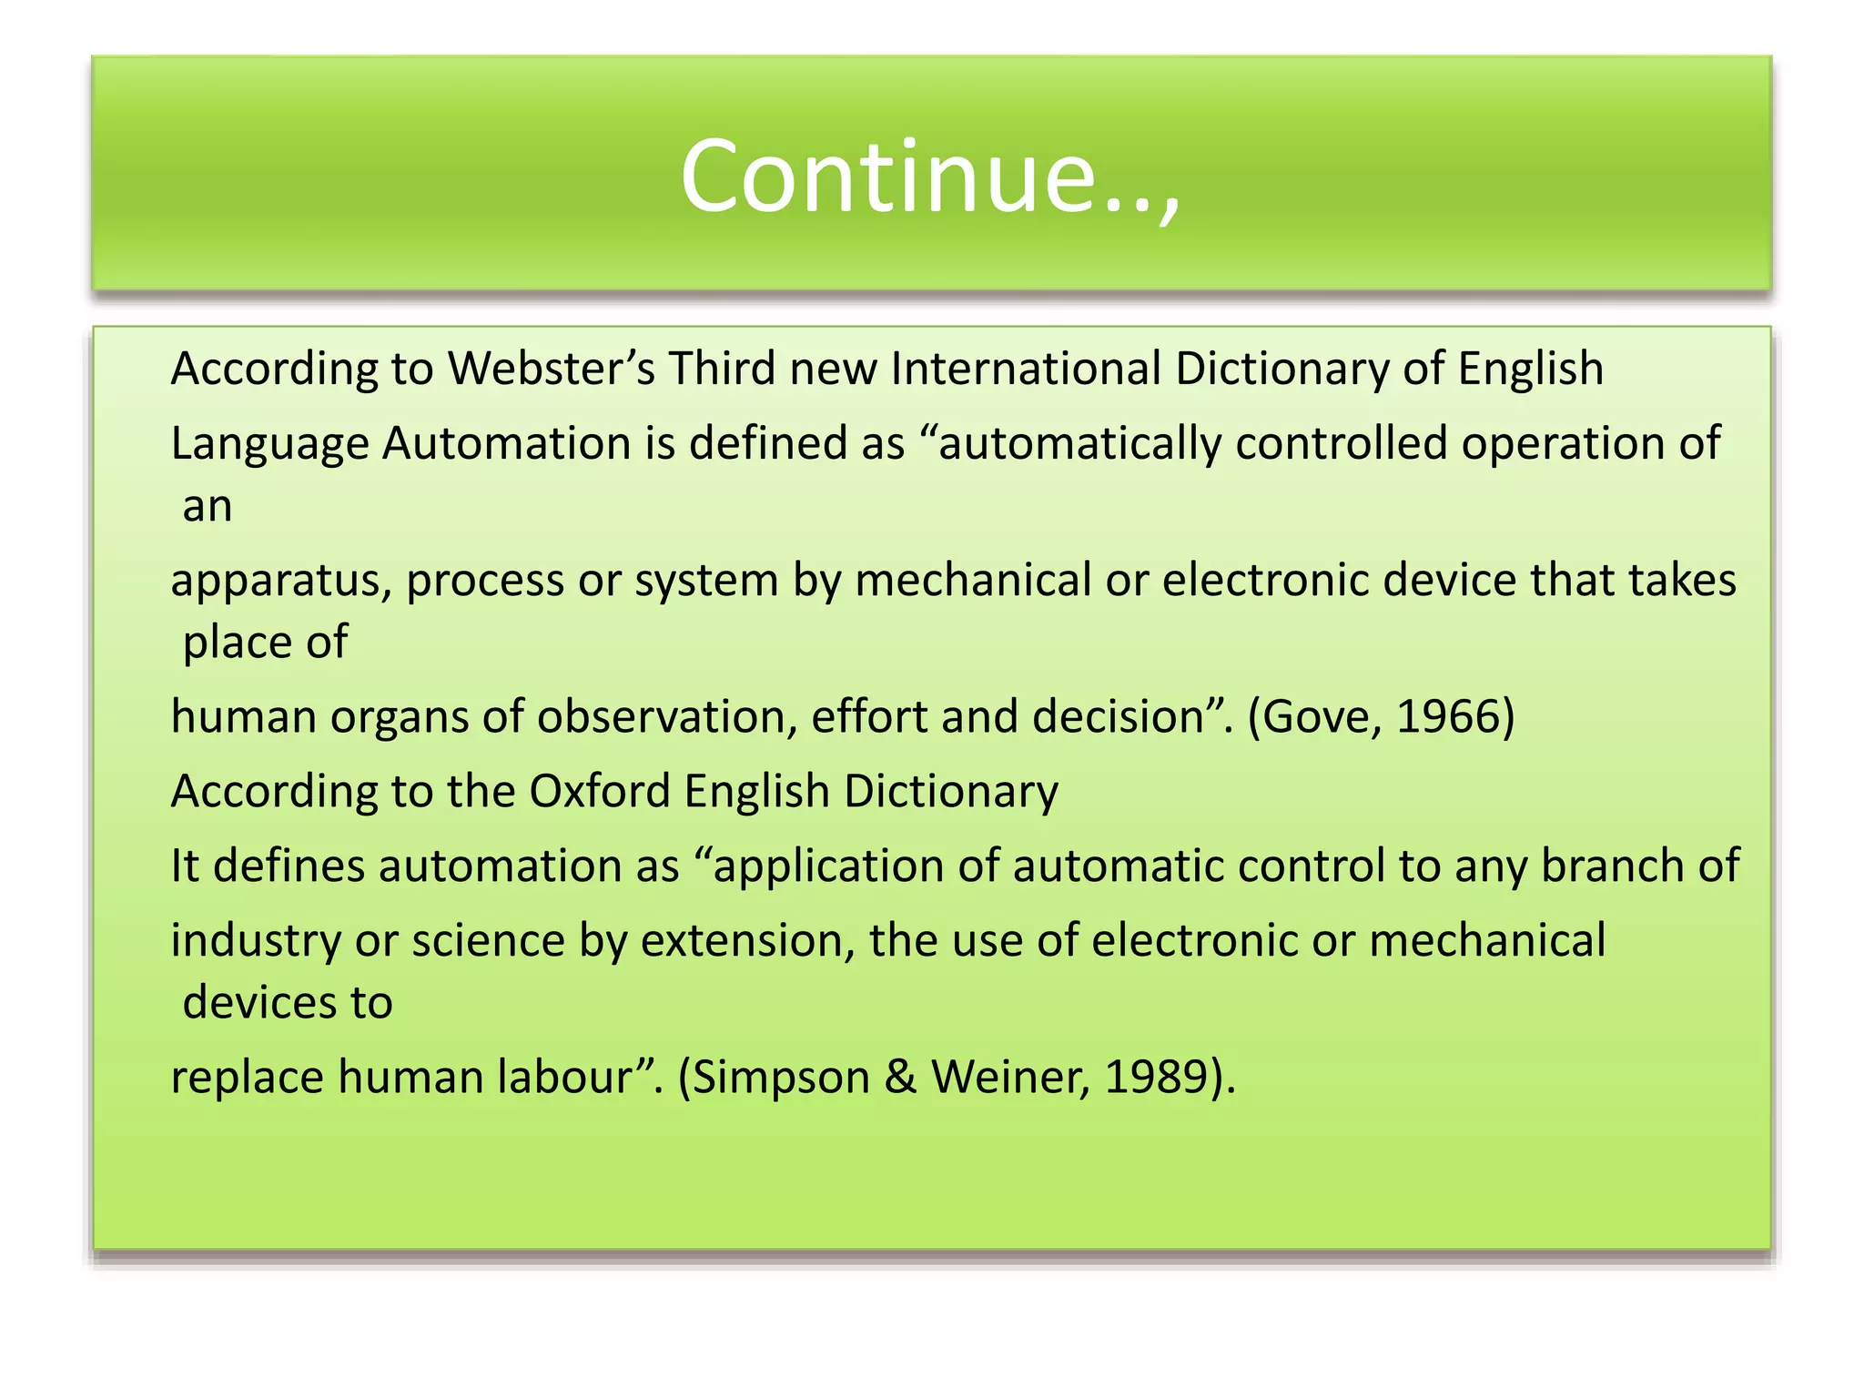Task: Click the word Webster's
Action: click(x=551, y=370)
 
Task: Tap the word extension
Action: click(x=747, y=941)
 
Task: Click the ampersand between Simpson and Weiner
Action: click(x=900, y=1078)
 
